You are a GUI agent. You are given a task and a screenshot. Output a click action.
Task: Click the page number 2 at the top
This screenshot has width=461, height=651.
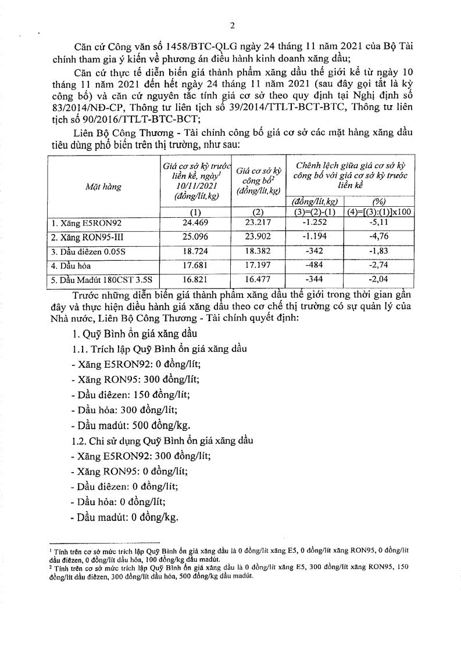231,25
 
